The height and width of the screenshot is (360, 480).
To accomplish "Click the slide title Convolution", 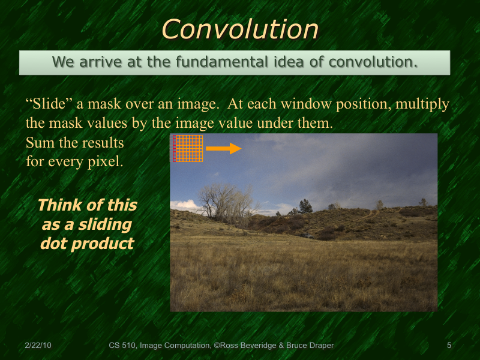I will pyautogui.click(x=240, y=29).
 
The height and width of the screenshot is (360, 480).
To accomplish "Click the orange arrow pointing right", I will pyautogui.click(x=223, y=148).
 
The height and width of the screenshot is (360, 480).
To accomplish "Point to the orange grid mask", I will pyautogui.click(x=188, y=148).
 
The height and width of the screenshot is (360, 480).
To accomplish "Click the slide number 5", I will pyautogui.click(x=449, y=346).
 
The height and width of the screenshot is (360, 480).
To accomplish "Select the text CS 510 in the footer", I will pyautogui.click(x=122, y=346).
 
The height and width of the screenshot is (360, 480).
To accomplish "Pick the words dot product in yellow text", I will pyautogui.click(x=86, y=244).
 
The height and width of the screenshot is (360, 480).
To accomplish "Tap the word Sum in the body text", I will pyautogui.click(x=40, y=143).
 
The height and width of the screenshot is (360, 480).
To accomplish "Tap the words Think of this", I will pyautogui.click(x=86, y=205).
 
